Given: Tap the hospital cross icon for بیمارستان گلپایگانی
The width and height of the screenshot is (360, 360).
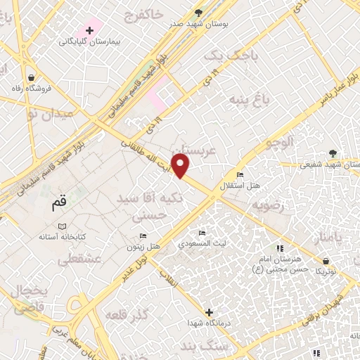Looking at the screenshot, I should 89,30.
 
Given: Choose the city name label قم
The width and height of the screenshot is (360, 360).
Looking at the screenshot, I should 58,204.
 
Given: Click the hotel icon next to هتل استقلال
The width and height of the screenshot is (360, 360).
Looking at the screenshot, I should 240,175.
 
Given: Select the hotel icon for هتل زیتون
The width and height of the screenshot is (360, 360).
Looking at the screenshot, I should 143,236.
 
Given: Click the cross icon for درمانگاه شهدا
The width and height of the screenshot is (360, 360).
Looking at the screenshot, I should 209,311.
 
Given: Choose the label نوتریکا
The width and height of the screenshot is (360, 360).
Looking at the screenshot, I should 325,271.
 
